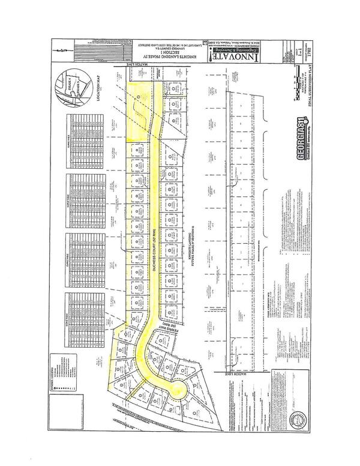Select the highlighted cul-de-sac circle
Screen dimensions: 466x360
(x=178, y=391)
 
